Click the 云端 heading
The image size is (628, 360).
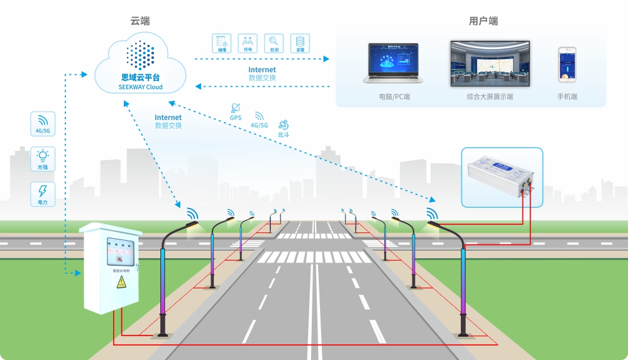point(140,21)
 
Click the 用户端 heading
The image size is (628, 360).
point(483,21)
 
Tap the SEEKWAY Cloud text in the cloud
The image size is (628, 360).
point(141,87)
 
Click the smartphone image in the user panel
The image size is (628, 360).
point(567,64)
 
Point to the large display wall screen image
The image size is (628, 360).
point(490,63)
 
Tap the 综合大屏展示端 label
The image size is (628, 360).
point(490,97)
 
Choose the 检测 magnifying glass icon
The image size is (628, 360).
point(274,43)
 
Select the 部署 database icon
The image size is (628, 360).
point(300,43)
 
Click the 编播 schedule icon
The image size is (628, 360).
point(222,43)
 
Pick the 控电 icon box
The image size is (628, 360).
point(248,43)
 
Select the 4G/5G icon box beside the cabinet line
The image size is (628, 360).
point(43,124)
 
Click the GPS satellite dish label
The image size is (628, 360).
point(236,117)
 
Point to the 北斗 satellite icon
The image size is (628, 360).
point(284,125)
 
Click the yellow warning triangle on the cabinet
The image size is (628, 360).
point(120,283)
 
